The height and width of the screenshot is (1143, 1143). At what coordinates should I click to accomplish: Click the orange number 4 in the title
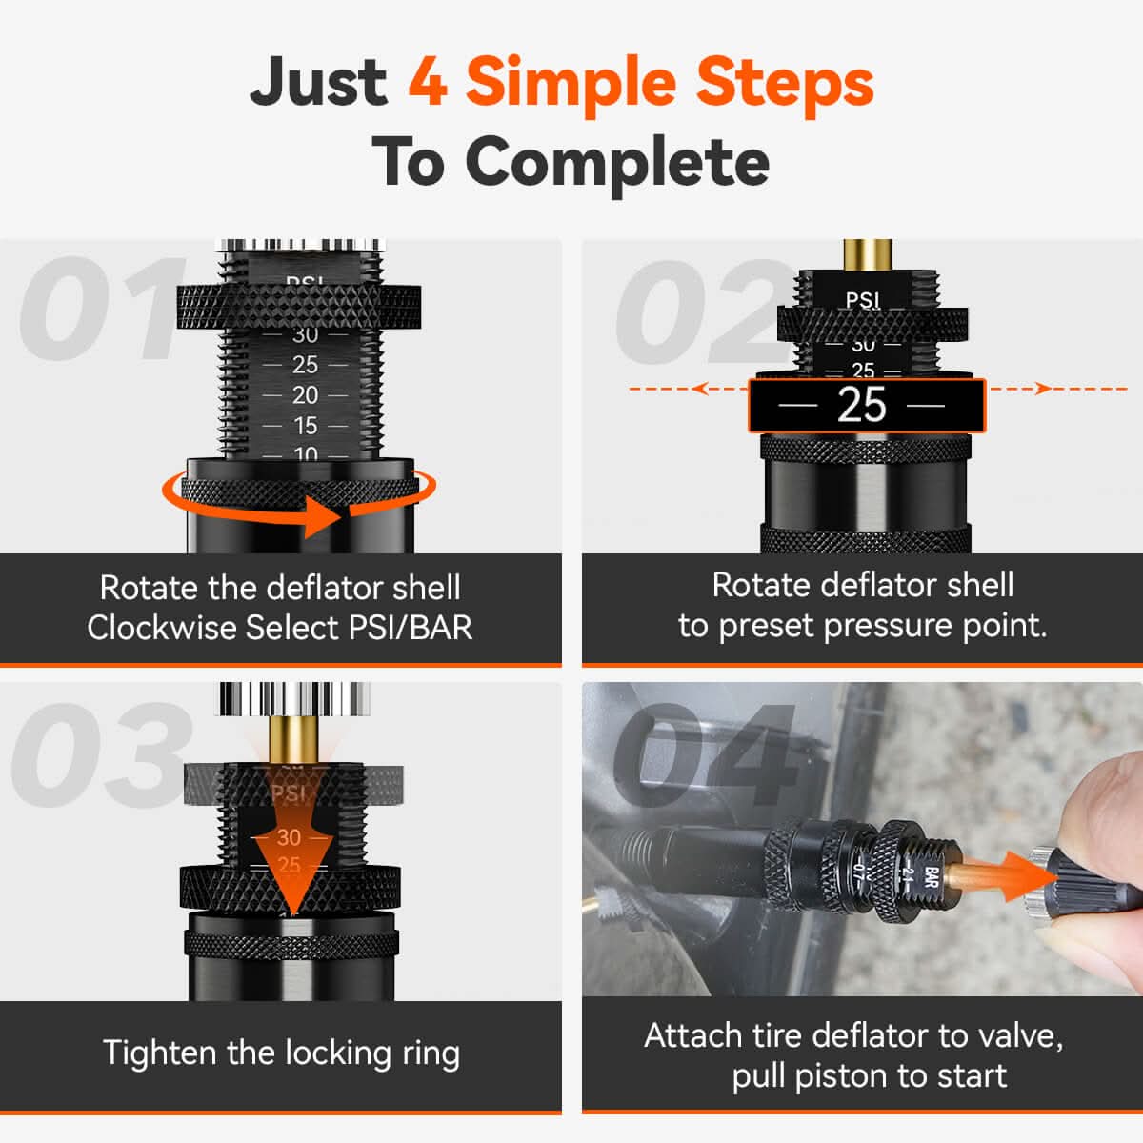[428, 82]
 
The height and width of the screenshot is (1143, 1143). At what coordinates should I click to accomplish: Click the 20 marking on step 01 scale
[305, 395]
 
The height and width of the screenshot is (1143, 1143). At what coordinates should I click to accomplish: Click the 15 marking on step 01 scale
[305, 426]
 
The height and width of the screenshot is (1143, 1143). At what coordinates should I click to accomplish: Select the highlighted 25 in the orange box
[862, 406]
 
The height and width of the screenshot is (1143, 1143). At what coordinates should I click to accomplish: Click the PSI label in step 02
[862, 300]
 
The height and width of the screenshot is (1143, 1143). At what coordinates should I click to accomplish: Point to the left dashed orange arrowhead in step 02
[700, 389]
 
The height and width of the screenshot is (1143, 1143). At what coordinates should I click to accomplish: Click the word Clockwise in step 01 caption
[162, 628]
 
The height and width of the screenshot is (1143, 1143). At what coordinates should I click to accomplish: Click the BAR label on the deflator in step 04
[932, 877]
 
